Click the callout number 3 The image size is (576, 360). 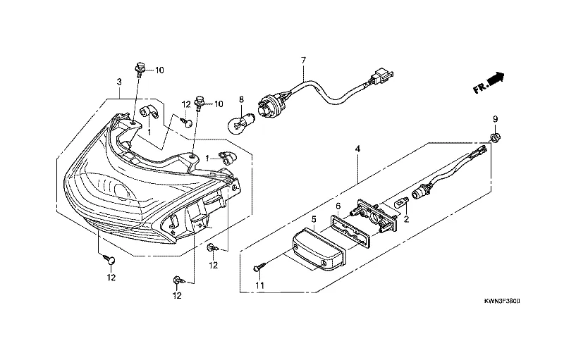click(119, 82)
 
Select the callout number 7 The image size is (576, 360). click(303, 60)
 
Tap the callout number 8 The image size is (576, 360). click(241, 99)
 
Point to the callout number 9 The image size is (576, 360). click(495, 119)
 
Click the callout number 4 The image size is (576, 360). click(357, 149)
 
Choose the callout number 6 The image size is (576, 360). click(338, 206)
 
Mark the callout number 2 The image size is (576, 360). click(406, 219)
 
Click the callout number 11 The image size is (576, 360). click(260, 285)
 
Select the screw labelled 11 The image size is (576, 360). click(259, 268)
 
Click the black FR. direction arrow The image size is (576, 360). click(496, 78)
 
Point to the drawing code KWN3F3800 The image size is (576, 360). click(502, 302)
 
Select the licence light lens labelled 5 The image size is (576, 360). click(319, 249)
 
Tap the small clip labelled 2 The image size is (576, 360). click(403, 201)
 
